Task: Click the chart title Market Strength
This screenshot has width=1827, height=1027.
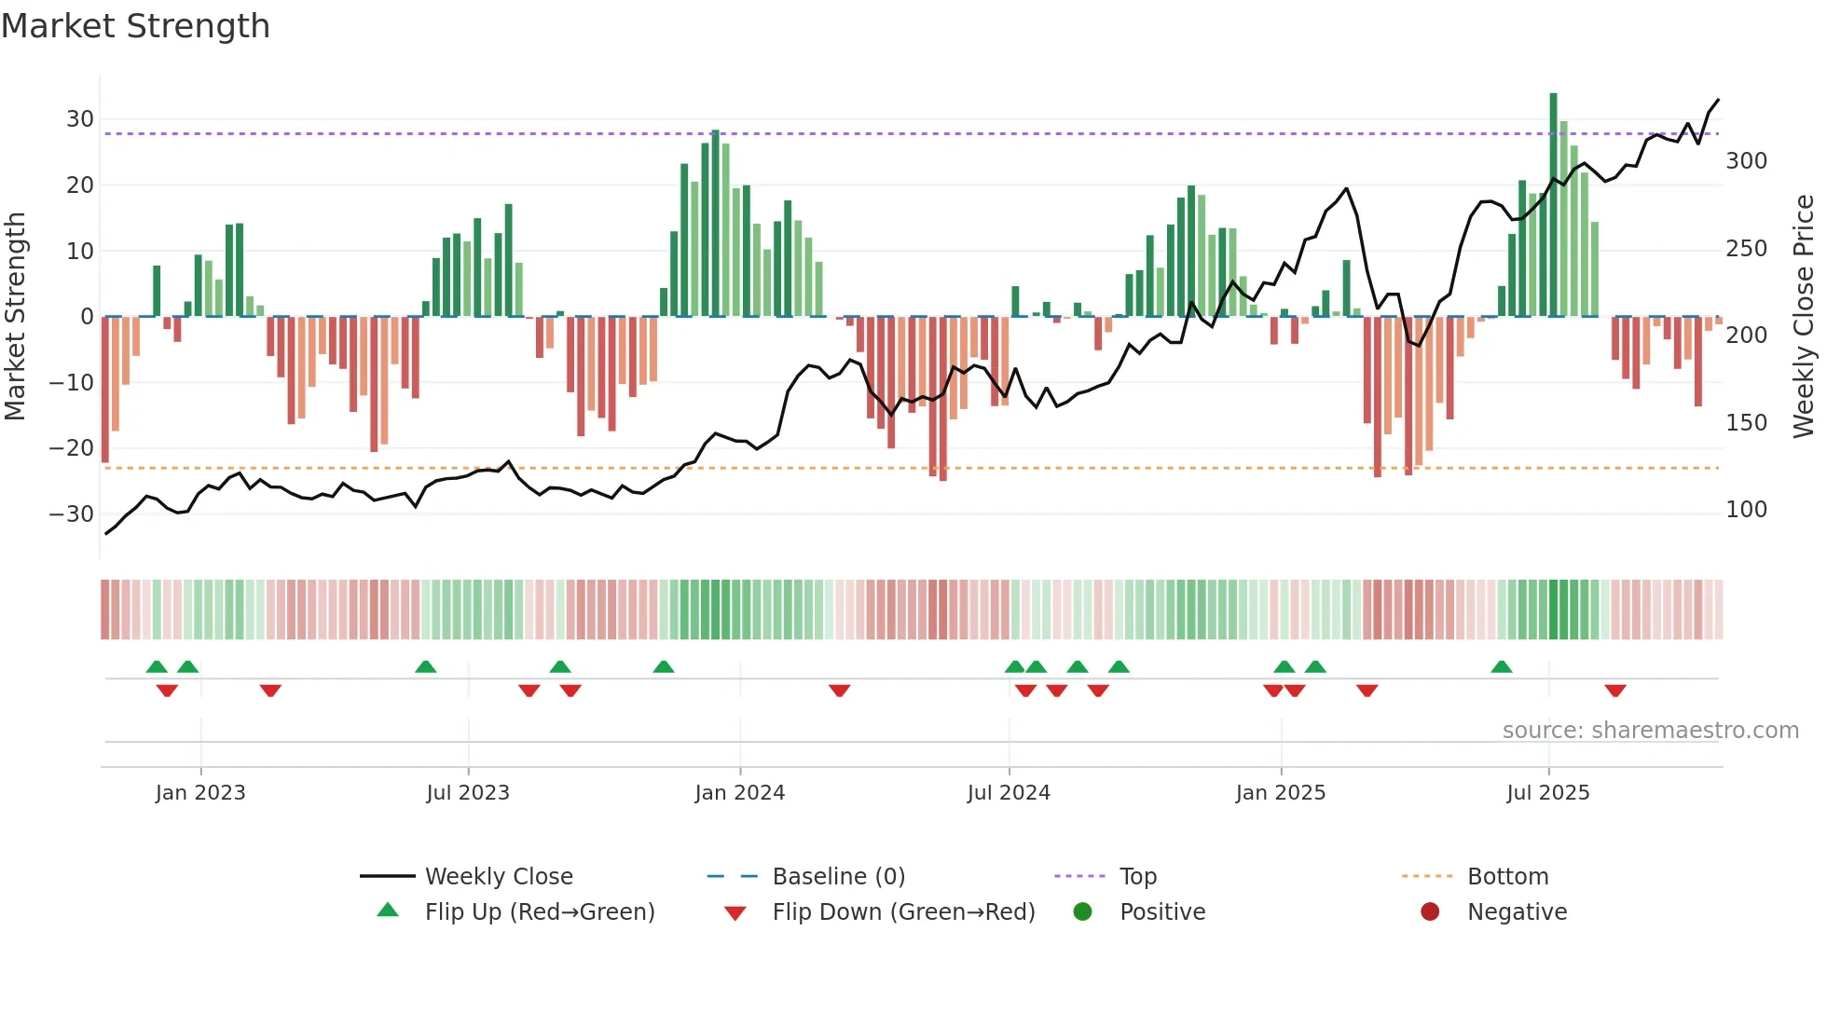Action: click(x=135, y=26)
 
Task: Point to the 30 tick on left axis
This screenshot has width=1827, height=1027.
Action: click(x=80, y=119)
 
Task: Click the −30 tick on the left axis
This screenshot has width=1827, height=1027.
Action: click(x=73, y=513)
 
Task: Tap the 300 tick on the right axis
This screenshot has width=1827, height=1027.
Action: click(x=1746, y=161)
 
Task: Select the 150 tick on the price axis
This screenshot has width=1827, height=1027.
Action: click(x=1746, y=423)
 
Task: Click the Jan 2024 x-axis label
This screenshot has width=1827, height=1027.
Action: click(x=739, y=793)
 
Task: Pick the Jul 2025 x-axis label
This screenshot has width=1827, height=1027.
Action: click(x=1547, y=793)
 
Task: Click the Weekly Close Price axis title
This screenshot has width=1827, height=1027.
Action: click(x=1804, y=317)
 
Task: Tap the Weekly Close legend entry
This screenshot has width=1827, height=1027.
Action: click(x=499, y=877)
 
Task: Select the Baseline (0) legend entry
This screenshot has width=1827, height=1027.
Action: click(x=838, y=877)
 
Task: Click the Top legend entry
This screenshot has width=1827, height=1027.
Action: click(x=1137, y=877)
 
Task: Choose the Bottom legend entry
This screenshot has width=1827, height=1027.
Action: click(x=1507, y=877)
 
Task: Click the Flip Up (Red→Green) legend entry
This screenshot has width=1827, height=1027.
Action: click(x=540, y=912)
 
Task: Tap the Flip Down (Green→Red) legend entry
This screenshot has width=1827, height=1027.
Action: click(x=903, y=912)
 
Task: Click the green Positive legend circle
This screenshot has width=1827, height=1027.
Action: click(x=1082, y=911)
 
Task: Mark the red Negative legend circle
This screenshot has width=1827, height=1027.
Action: click(x=1430, y=911)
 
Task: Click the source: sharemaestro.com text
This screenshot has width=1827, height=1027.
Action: click(x=1650, y=731)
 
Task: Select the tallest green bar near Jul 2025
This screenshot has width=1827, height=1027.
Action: click(x=1553, y=205)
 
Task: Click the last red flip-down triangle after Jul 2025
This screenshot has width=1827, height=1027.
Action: click(x=1615, y=691)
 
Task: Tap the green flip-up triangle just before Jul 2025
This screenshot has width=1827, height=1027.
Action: click(x=1501, y=666)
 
